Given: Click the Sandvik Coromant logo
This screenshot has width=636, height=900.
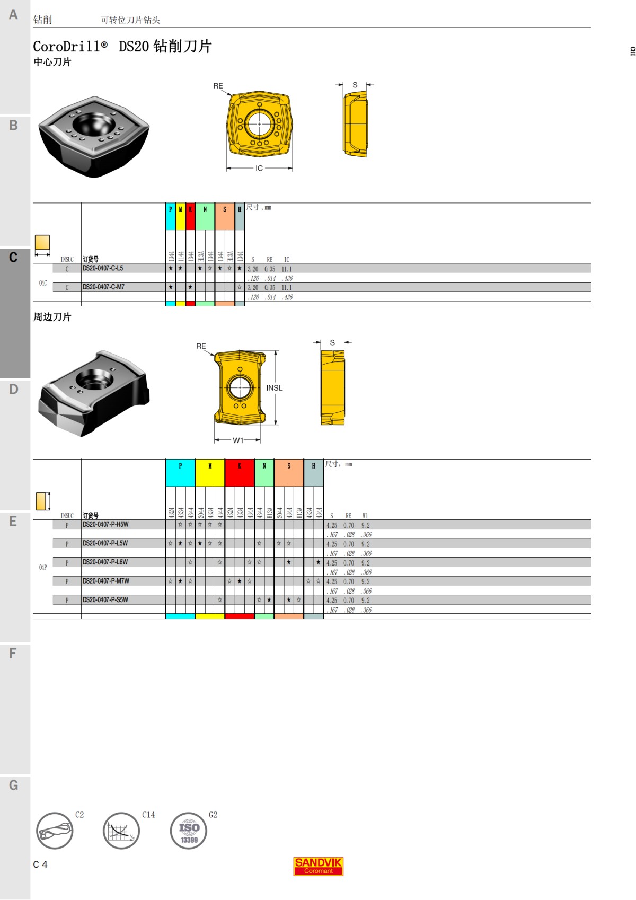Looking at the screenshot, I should [x=318, y=866].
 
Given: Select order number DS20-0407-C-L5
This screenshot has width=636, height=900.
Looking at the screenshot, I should [x=103, y=269].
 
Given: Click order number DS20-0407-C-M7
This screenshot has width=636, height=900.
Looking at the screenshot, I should [x=103, y=287].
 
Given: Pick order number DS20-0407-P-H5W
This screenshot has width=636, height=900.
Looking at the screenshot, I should [x=105, y=525].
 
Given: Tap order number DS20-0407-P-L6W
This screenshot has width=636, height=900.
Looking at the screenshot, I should [x=105, y=562].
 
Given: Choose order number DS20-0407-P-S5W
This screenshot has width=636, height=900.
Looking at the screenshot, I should [x=105, y=600].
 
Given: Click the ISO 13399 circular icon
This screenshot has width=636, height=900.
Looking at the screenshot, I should [x=189, y=831].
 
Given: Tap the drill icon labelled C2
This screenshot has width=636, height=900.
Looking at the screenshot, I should [x=55, y=831].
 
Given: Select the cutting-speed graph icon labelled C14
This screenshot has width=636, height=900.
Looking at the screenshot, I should [x=121, y=831].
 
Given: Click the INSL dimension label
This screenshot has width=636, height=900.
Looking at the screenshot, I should [x=274, y=388].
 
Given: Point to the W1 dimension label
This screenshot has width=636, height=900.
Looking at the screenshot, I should [x=238, y=440].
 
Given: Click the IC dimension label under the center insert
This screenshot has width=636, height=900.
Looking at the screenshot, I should [x=259, y=169].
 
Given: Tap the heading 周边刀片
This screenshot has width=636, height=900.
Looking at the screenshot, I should [x=52, y=317].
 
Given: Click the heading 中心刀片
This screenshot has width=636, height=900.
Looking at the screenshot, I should [x=52, y=62].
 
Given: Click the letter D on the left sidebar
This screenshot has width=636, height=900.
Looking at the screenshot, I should [x=14, y=390].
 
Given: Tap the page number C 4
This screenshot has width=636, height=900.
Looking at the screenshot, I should [x=40, y=864].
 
